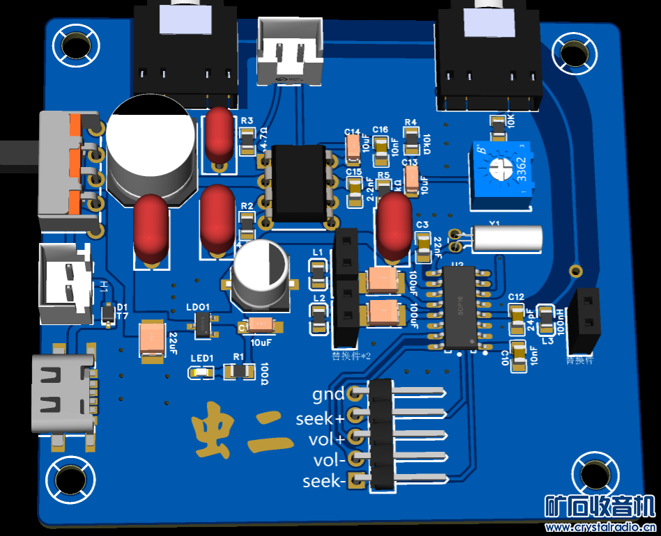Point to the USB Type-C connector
tap(61, 393)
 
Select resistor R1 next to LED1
tap(238, 371)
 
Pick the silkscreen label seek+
tap(320, 419)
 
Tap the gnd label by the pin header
tap(327, 395)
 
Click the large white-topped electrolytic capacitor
tap(150, 150)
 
